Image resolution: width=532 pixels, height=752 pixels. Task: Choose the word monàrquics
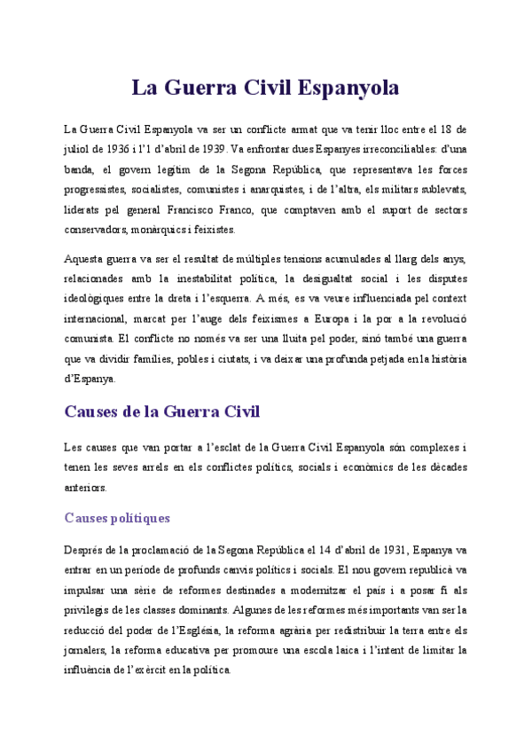156,230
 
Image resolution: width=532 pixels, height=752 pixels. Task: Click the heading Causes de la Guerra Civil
162,411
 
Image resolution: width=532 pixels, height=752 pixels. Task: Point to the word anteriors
85,487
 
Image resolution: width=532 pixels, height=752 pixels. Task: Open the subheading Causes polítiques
117,518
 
